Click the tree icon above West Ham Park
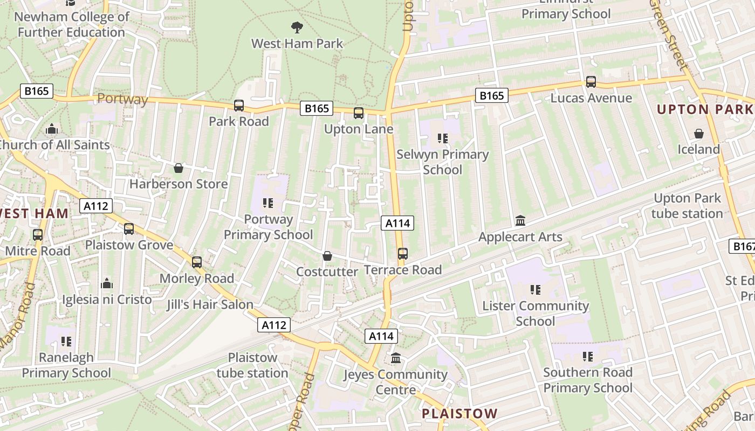tap(297, 27)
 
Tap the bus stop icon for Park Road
tap(239, 106)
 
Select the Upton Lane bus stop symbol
tap(359, 113)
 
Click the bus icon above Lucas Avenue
tap(591, 82)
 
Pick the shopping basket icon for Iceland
tap(699, 134)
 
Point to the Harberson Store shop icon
tap(179, 169)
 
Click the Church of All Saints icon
tap(52, 129)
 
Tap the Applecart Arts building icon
tap(520, 221)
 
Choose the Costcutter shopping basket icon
tap(327, 256)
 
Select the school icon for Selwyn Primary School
tap(443, 138)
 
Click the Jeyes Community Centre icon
tap(396, 358)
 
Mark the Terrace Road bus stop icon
tap(403, 254)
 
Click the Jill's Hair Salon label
tap(210, 304)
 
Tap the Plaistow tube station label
tap(252, 365)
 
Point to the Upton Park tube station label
tap(687, 206)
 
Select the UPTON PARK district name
tap(705, 109)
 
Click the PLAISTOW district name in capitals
tap(459, 414)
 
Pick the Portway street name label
tap(122, 99)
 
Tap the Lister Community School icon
tap(536, 290)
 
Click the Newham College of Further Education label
tap(71, 24)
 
